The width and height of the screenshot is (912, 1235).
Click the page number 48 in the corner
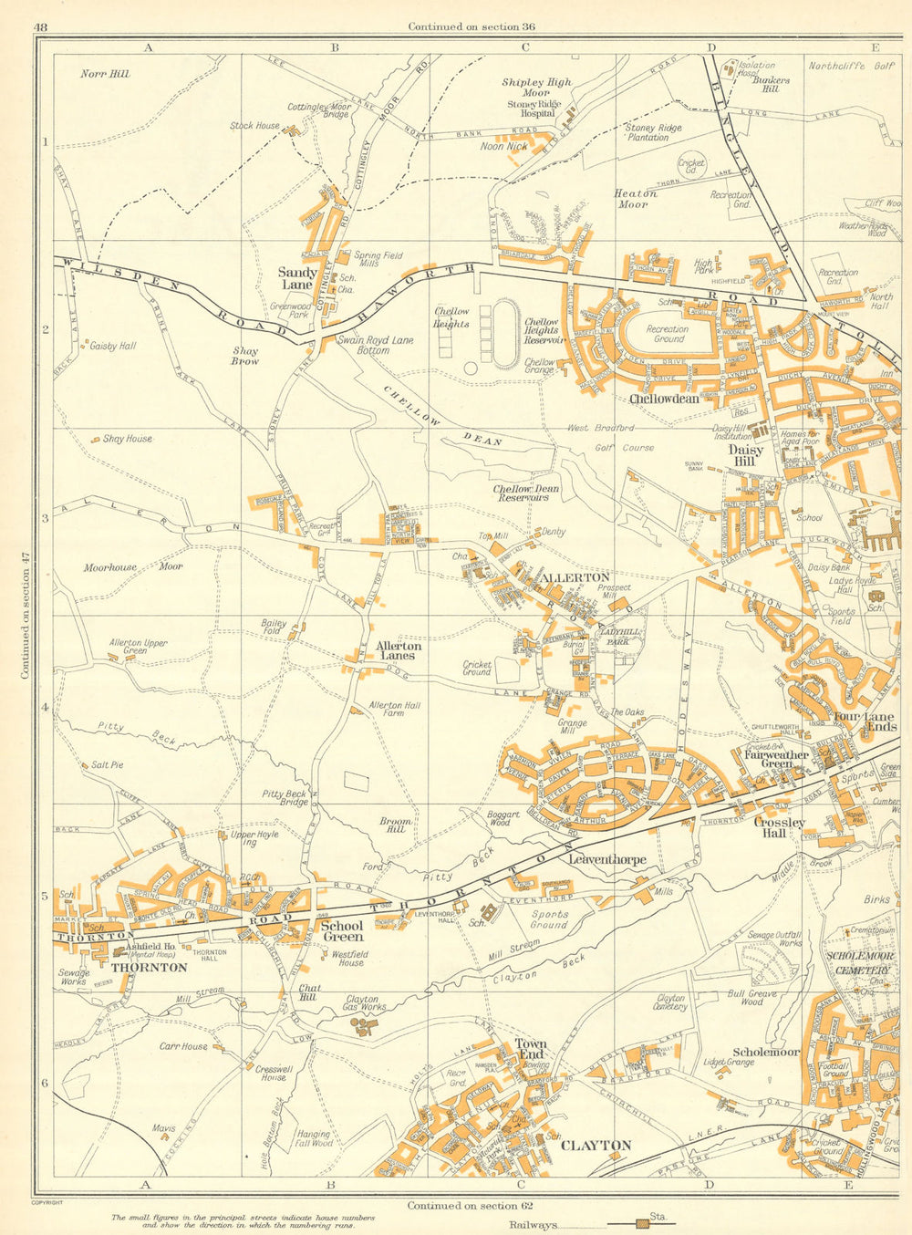tap(40, 26)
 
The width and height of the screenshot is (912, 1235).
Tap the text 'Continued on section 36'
tap(471, 26)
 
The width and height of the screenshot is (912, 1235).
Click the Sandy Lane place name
tap(297, 278)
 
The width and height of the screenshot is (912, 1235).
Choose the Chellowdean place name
tap(664, 399)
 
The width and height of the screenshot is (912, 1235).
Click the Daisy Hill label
tap(746, 455)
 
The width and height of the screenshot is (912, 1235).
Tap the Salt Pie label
tap(107, 764)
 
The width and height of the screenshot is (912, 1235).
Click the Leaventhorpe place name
tap(606, 859)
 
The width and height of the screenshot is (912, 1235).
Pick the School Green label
tap(342, 930)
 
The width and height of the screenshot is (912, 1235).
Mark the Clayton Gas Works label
tap(362, 1004)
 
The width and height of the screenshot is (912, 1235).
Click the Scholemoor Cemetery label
tap(856, 963)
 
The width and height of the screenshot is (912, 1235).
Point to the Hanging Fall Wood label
tap(314, 1138)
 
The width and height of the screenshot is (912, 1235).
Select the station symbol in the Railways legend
tap(644, 1224)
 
